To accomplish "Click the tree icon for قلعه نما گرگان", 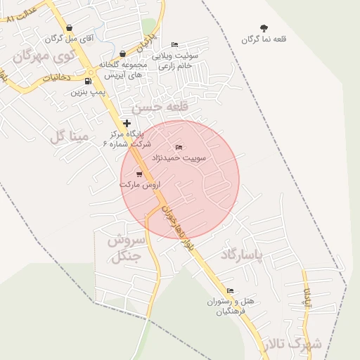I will [x=264, y=28].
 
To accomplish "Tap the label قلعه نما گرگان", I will [x=264, y=40].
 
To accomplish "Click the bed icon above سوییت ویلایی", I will [x=174, y=44].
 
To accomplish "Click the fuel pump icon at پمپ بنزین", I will [x=88, y=81].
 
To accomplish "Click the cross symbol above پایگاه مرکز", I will [x=127, y=124].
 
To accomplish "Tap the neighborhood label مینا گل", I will [x=70, y=135].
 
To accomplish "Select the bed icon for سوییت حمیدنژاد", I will [x=179, y=147].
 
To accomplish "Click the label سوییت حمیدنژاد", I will [x=184, y=158].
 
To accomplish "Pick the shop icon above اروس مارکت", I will [x=139, y=174].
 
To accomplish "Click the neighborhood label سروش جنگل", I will [x=127, y=248].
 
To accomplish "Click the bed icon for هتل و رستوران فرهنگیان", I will [x=230, y=291].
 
